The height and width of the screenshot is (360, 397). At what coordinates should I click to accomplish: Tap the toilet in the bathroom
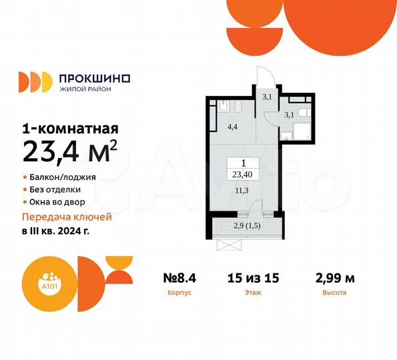pyautogui.click(x=300, y=112)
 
